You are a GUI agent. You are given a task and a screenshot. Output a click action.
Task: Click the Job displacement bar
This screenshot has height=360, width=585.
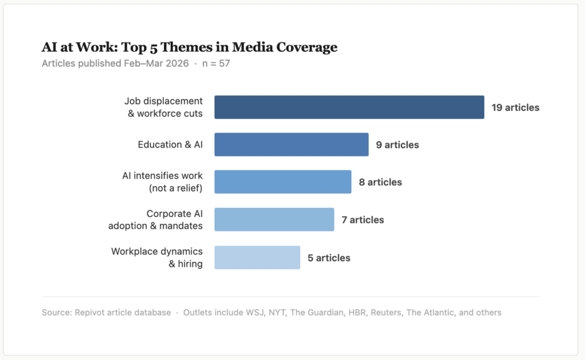point(349,107)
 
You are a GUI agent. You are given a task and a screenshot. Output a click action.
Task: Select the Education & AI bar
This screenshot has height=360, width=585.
point(291,145)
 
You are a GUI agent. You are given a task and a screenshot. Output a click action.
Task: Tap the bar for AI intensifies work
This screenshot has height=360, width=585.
point(283,182)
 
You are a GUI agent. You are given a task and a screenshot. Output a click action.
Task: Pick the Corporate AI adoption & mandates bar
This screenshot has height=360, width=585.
point(274,219)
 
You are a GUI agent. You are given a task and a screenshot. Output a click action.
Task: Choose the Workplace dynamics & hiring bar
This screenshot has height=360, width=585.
point(257,257)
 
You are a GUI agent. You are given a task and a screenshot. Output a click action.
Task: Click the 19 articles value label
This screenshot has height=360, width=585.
point(515,107)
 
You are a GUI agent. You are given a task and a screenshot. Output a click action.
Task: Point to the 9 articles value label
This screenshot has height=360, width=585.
point(397,145)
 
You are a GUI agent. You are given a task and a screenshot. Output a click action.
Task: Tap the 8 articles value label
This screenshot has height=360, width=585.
point(380,182)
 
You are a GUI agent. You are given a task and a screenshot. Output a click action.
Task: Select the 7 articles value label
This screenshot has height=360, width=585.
point(363,219)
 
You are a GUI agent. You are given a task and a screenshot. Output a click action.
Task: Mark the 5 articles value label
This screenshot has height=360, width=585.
point(328,258)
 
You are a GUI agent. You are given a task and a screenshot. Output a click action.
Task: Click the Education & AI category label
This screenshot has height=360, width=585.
point(170,145)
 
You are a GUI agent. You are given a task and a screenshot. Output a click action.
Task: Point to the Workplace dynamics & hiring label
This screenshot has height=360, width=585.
point(157,257)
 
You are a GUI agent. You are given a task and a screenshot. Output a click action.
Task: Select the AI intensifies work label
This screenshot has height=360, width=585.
point(163,182)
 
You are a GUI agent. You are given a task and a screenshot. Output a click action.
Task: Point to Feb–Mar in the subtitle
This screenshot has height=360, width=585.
point(142,63)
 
